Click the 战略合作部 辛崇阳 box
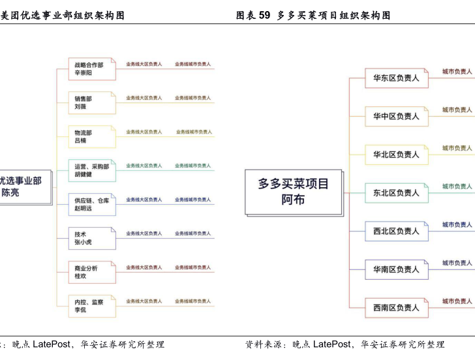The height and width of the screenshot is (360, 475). click(92, 69)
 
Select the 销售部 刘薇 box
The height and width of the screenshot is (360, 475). click(92, 102)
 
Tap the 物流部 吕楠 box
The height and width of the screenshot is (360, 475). click(92, 136)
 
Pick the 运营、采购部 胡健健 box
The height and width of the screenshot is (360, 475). click(92, 170)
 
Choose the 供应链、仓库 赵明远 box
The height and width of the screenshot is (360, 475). click(92, 204)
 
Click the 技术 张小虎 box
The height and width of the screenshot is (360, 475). click(92, 238)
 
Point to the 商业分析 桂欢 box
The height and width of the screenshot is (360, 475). click(92, 272)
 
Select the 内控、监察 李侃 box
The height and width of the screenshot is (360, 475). click(92, 306)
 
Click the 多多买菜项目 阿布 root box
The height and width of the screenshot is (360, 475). click(294, 192)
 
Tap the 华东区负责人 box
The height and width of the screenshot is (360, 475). click(396, 78)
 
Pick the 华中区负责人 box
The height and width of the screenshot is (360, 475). click(396, 116)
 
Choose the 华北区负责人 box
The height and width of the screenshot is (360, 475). click(396, 155)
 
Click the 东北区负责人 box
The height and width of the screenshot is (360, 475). click(396, 193)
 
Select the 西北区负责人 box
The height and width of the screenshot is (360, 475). click(396, 231)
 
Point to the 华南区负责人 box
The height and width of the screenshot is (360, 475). click(396, 269)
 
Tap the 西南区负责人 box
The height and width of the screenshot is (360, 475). click(396, 307)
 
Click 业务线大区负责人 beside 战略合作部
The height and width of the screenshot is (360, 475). click(144, 64)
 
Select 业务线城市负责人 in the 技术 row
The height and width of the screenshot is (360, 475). click(193, 233)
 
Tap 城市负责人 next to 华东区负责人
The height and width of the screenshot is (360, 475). click(457, 71)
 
